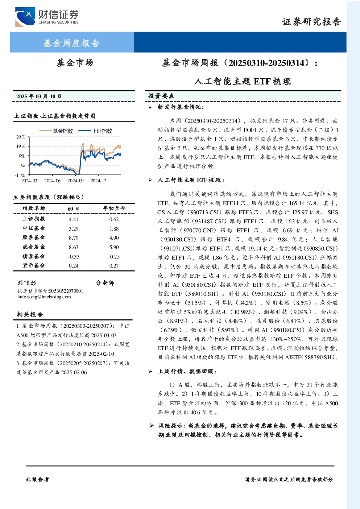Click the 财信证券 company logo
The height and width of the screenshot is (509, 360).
click(x=47, y=17)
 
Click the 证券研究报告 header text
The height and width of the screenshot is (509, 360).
click(x=311, y=22)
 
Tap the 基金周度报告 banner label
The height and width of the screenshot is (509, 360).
click(x=71, y=43)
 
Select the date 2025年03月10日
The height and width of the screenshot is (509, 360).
click(x=39, y=96)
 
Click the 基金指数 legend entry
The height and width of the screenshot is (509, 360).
click(x=56, y=131)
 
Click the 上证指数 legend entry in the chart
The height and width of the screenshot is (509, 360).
click(x=95, y=131)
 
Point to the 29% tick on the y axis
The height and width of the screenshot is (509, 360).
click(x=21, y=137)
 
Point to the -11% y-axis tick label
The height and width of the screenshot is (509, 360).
click(x=20, y=175)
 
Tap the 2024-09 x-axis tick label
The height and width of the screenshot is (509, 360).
click(x=75, y=181)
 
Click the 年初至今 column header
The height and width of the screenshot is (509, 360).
click(x=114, y=208)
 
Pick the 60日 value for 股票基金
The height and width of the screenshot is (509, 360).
click(x=74, y=238)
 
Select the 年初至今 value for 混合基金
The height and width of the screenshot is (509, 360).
click(x=114, y=247)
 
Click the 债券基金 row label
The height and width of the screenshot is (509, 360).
click(x=34, y=256)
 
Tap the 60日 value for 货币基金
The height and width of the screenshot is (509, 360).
click(x=74, y=266)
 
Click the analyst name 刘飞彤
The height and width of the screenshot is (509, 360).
click(x=27, y=283)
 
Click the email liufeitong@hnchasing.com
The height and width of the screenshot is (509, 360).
click(x=44, y=297)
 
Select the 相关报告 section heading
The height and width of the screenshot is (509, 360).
click(x=30, y=314)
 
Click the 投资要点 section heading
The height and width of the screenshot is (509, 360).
click(x=161, y=96)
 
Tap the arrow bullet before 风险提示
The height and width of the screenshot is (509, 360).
click(x=152, y=426)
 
